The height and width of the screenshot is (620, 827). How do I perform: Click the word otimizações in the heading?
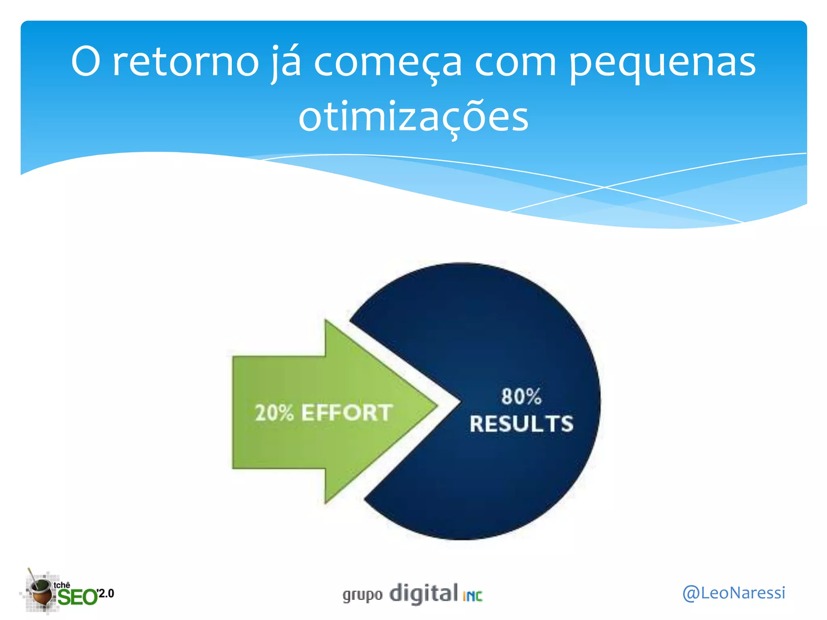413,117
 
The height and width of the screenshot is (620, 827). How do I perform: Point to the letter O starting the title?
85,62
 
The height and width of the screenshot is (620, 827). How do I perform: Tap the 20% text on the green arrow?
274,413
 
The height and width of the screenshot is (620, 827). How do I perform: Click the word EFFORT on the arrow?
347,413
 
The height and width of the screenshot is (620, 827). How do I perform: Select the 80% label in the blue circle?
521,396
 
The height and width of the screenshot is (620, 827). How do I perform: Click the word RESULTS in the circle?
521,424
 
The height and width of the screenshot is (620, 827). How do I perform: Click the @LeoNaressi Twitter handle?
734,593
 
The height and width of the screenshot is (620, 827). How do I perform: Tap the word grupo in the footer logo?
362,595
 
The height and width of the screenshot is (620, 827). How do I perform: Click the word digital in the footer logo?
424,593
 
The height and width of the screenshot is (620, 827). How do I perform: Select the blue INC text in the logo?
472,596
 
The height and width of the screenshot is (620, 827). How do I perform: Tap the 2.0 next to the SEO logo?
106,593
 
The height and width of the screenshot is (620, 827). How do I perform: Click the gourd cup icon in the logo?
40,592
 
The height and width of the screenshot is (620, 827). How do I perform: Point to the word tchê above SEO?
62,585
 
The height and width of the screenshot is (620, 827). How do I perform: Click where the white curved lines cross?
605,187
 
